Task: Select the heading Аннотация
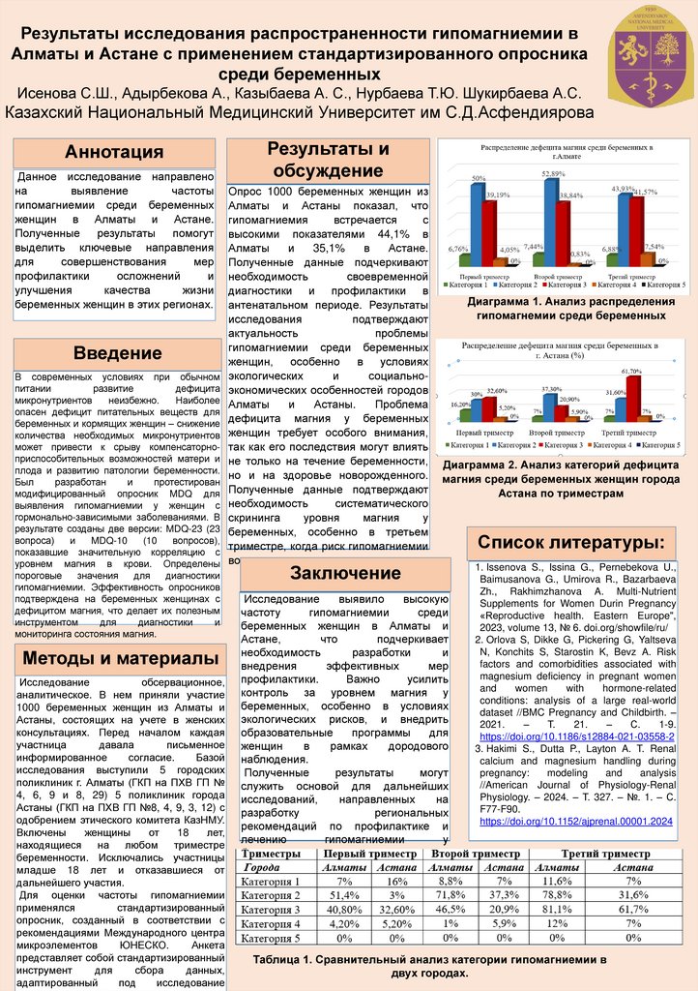113,152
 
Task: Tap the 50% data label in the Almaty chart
479,178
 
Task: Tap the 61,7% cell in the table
633,910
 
